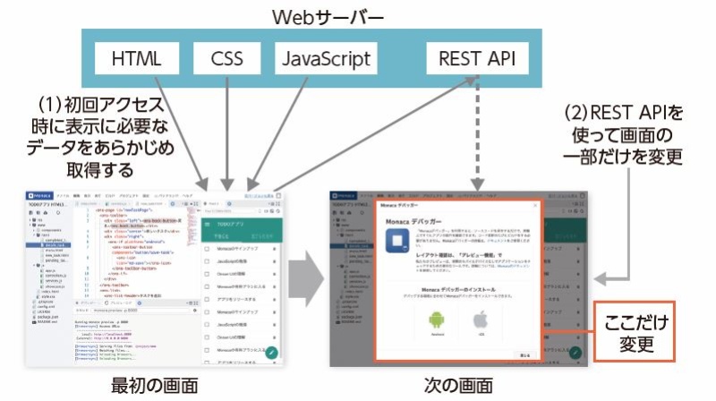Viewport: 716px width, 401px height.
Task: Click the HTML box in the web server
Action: pos(137,60)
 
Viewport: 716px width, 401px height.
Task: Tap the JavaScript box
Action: pos(325,60)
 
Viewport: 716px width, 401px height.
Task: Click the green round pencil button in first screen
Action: pos(271,352)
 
